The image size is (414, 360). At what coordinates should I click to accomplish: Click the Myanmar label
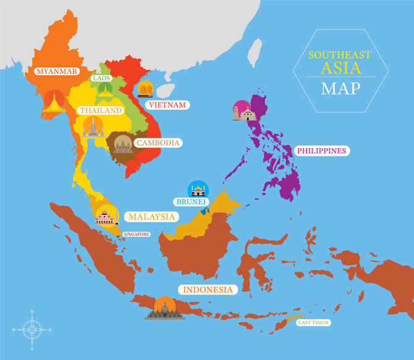(x=57, y=71)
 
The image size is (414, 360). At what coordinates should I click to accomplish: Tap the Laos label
(x=100, y=78)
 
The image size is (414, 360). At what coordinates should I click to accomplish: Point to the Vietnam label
(x=166, y=105)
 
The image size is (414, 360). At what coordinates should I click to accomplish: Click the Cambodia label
(x=158, y=143)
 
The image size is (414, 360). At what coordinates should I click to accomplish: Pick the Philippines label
(x=321, y=150)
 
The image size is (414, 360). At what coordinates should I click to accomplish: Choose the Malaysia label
(x=152, y=217)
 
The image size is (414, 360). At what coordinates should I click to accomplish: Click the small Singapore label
(x=137, y=234)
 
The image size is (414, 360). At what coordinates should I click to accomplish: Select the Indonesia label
(x=207, y=289)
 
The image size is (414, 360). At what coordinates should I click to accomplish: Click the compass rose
(x=32, y=329)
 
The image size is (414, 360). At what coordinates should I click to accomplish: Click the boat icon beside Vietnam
(x=146, y=90)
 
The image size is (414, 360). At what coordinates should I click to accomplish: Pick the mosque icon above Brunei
(x=198, y=189)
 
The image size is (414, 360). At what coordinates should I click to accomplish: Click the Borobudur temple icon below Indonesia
(x=165, y=309)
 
